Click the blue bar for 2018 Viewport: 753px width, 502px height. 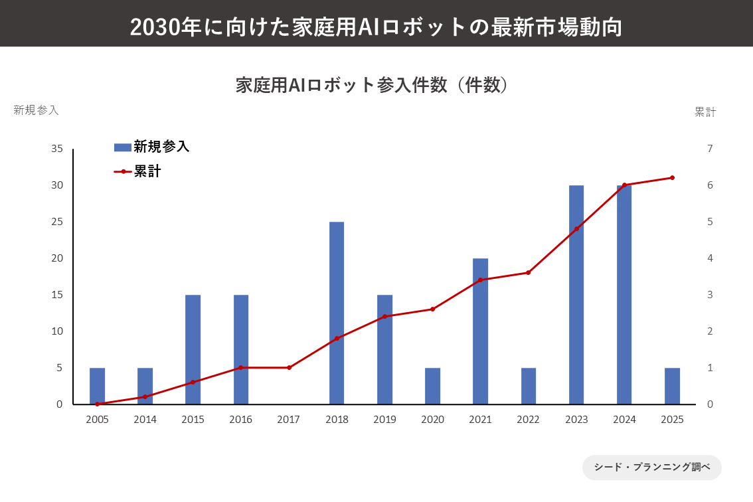coord(337,313)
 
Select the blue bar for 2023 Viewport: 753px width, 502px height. coord(576,295)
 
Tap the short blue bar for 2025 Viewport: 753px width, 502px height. coord(672,386)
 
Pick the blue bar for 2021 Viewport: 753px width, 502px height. coord(480,331)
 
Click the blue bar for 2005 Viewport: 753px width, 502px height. coord(97,386)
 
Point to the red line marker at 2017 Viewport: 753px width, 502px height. coord(289,367)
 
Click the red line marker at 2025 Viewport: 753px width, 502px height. coord(672,178)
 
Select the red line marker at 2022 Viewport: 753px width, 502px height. coord(529,272)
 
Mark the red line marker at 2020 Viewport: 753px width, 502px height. coord(432,309)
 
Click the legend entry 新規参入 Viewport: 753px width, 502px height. coord(152,147)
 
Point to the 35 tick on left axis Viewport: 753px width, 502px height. coord(57,149)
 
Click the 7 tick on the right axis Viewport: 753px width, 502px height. coord(710,149)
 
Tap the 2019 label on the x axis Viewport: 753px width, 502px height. coord(384,420)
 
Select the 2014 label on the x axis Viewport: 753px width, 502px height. coord(145,420)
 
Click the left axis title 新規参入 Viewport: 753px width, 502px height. coord(37,110)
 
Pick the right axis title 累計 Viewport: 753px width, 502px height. coord(705,112)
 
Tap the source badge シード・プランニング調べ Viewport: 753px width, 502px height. coord(651,467)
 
